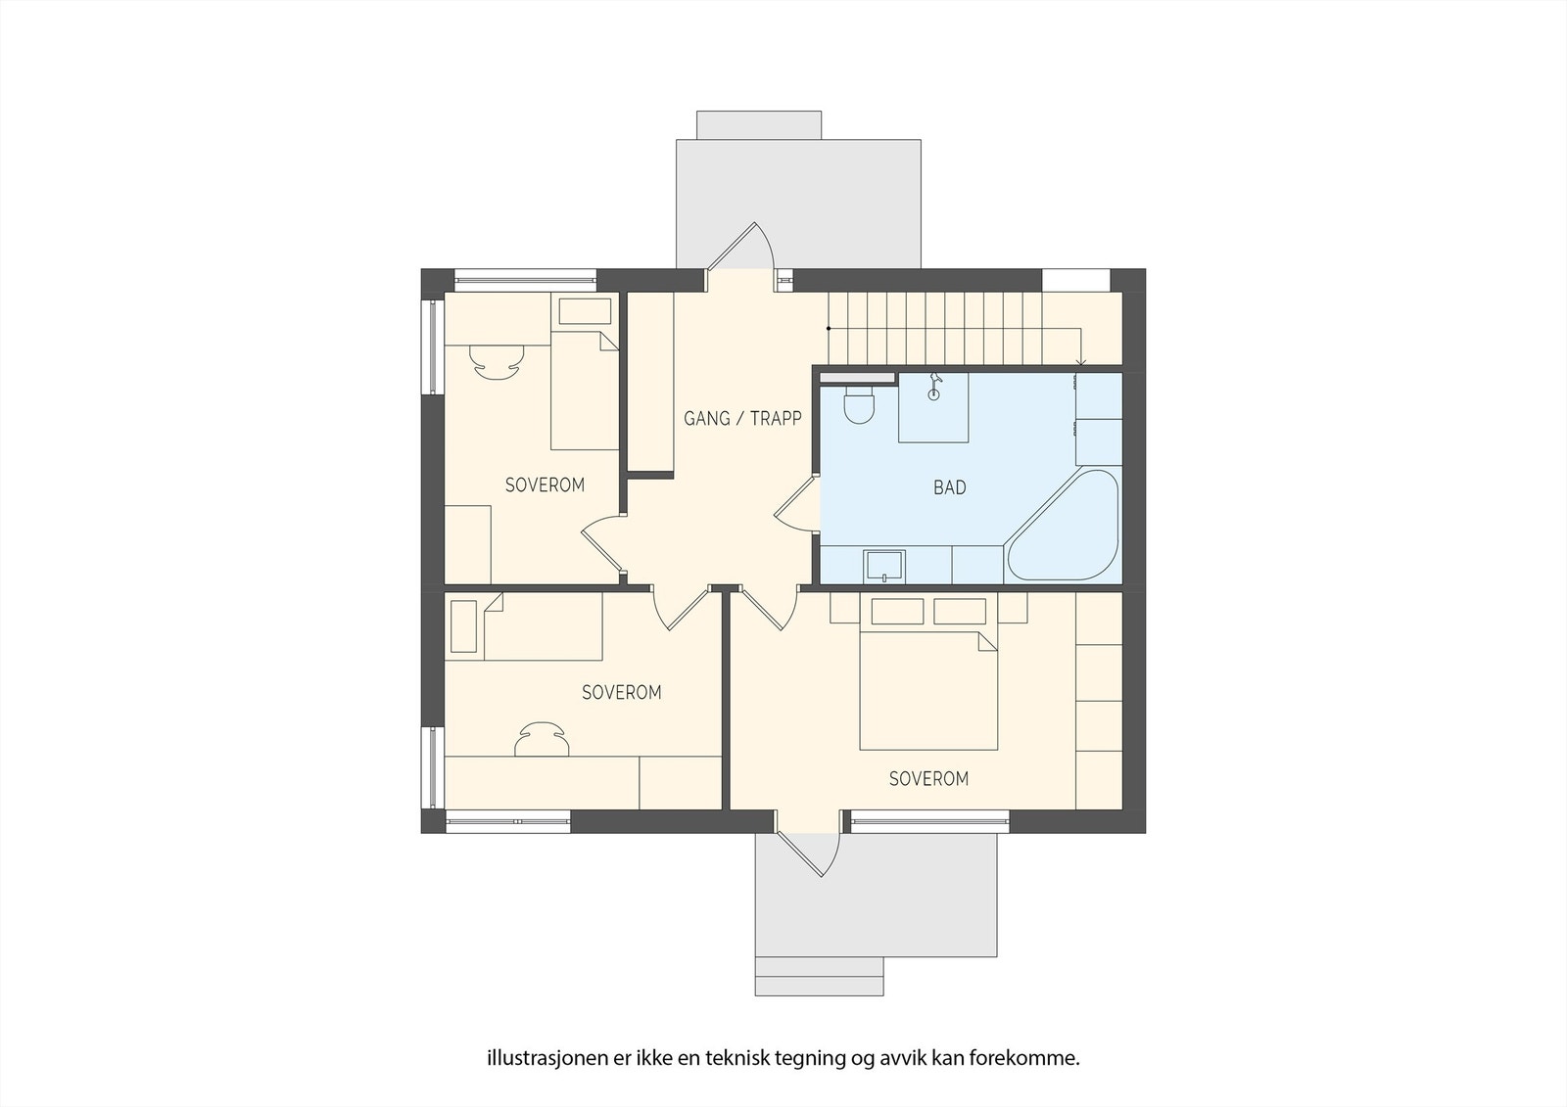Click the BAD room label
click(x=949, y=487)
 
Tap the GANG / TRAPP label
click(x=742, y=419)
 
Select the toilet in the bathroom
click(x=860, y=404)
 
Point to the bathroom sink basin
click(x=883, y=566)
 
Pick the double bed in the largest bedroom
click(x=928, y=689)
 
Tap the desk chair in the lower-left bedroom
click(x=543, y=739)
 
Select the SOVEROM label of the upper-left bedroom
click(x=545, y=485)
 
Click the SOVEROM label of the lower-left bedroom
click(x=621, y=693)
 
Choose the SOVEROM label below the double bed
click(x=928, y=779)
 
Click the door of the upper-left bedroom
click(x=602, y=541)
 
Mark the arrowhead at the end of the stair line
click(x=1081, y=365)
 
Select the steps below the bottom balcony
click(x=819, y=976)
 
